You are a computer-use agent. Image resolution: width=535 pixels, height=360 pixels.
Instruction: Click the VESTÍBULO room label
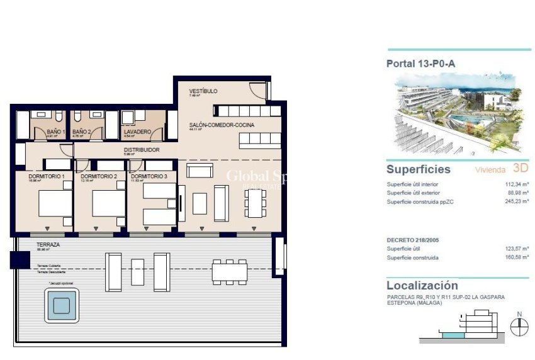[203, 91]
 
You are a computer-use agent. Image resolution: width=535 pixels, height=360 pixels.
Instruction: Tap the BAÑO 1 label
[56, 132]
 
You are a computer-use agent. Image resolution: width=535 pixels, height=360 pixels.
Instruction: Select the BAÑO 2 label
[81, 132]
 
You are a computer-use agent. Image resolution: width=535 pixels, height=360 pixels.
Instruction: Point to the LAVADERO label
[137, 132]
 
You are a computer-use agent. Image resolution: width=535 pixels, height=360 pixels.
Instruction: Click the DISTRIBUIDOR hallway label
[141, 150]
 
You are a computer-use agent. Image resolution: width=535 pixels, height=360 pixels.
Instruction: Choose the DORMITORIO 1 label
[47, 177]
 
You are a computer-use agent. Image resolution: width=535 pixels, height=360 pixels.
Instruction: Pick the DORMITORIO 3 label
[149, 177]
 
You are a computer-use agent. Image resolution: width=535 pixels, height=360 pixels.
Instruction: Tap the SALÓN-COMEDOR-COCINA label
[222, 125]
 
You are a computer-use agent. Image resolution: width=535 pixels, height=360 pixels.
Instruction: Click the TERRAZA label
[48, 244]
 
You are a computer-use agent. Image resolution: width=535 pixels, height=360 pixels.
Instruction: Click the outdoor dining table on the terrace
[228, 270]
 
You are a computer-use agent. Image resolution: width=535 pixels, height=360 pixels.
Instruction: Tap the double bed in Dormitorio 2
[109, 203]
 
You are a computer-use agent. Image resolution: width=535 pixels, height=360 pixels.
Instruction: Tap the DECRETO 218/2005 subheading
[414, 240]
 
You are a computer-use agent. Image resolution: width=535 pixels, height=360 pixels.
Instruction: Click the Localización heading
[422, 285]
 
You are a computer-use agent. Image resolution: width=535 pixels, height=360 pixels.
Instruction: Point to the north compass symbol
[519, 327]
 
